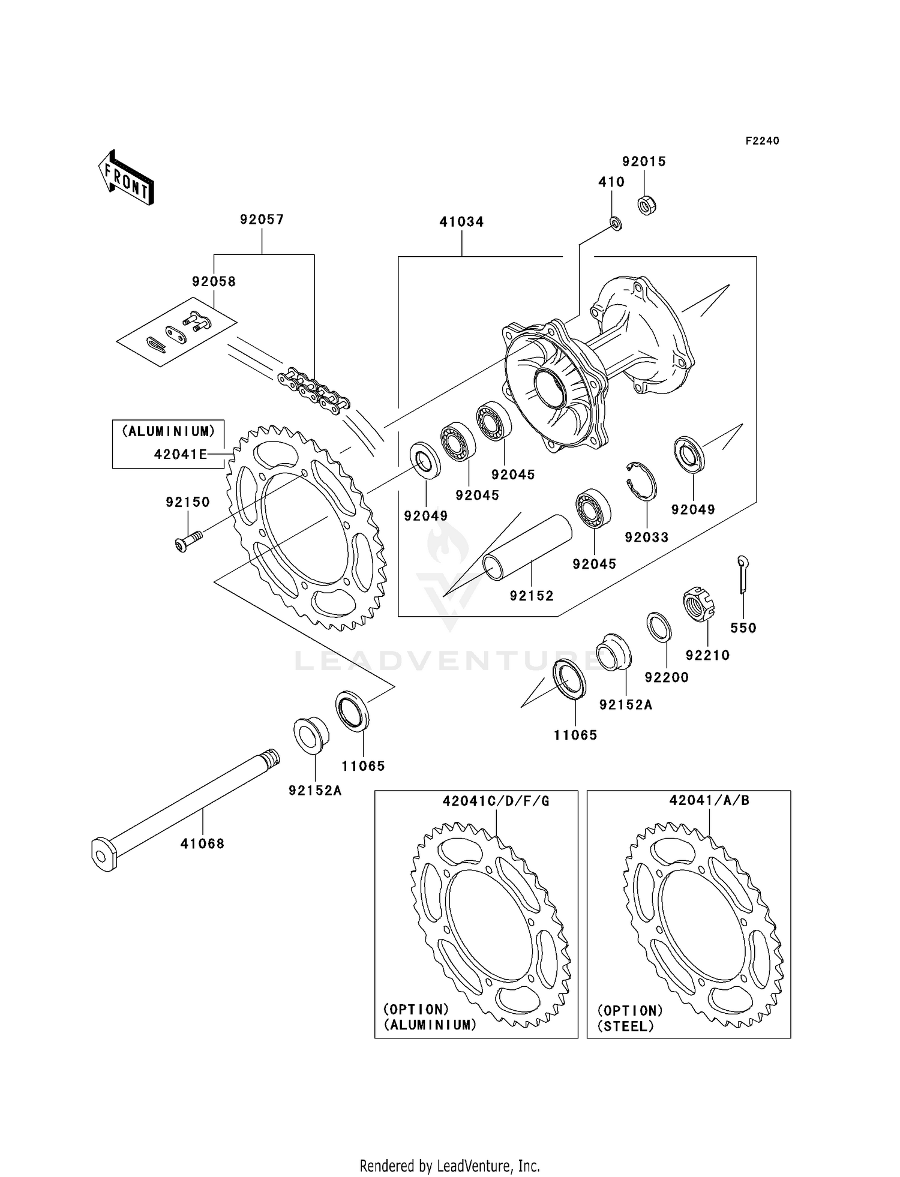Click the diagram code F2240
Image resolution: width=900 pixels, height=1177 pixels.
pyautogui.click(x=762, y=141)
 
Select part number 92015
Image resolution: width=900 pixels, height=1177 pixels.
pyautogui.click(x=644, y=161)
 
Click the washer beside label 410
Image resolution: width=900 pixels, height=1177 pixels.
pyautogui.click(x=616, y=224)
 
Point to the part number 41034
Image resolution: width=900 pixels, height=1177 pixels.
pyautogui.click(x=461, y=222)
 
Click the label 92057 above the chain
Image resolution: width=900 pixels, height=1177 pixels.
pyautogui.click(x=262, y=220)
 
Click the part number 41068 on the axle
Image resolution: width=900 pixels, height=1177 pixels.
pyautogui.click(x=202, y=843)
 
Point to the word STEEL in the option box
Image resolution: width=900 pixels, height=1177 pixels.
pyautogui.click(x=625, y=1026)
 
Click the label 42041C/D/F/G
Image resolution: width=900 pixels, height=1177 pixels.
pyautogui.click(x=496, y=801)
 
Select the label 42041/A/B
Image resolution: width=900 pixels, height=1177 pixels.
pyautogui.click(x=709, y=800)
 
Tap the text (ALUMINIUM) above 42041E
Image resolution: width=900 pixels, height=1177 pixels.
pyautogui.click(x=169, y=431)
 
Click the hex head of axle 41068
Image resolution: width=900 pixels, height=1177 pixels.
pyautogui.click(x=103, y=854)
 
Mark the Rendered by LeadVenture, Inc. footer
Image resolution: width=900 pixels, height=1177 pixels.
pyautogui.click(x=449, y=1166)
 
